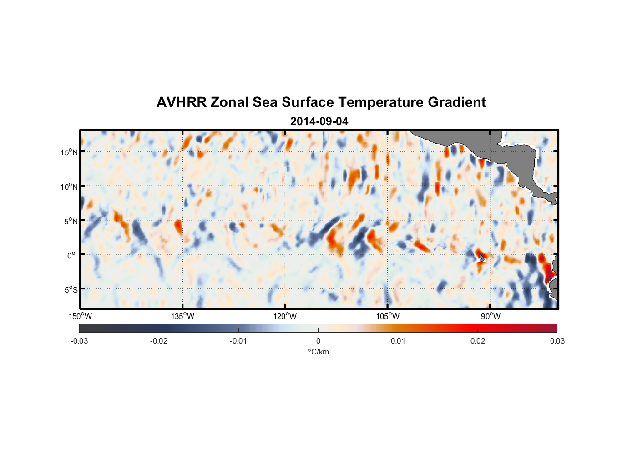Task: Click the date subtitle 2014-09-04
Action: coord(319,121)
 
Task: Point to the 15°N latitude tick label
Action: coord(69,152)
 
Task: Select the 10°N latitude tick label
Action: coord(69,187)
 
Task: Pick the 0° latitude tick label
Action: coord(71,256)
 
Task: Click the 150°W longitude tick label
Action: coord(80,316)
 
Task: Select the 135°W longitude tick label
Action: coord(183,316)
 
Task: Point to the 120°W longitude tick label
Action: coord(285,316)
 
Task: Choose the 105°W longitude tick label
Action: coord(388,316)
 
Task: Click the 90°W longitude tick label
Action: coord(491,316)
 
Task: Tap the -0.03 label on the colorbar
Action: coord(79,341)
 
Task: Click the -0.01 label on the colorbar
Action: coord(238,341)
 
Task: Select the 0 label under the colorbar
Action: coord(318,341)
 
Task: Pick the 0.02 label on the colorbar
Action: coord(478,341)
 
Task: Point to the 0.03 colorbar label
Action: coord(557,341)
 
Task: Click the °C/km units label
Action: coord(318,352)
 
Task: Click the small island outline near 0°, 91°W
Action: coord(481,258)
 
